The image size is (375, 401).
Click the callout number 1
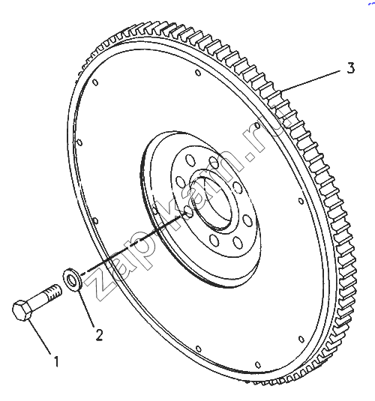(56, 361)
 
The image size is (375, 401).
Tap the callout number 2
(99, 334)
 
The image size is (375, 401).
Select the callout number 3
(351, 68)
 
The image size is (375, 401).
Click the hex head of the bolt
(22, 310)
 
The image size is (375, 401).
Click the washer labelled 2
(73, 279)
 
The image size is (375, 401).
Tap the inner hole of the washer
(73, 279)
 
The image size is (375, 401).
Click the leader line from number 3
(312, 80)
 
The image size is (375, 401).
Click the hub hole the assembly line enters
(189, 211)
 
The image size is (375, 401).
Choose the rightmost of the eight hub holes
(247, 220)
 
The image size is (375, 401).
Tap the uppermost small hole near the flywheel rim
(198, 73)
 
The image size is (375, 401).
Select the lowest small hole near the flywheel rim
(258, 364)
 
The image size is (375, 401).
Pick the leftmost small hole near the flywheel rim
(79, 142)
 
